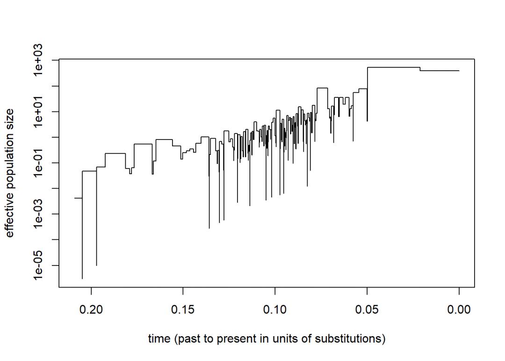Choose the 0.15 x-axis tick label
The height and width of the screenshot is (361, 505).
coord(183,310)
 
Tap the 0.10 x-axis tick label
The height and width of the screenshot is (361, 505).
coord(275,310)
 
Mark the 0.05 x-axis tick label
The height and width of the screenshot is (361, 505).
coord(367,310)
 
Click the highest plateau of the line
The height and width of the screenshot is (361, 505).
coord(393,67)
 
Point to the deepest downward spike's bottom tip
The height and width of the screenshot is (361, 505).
coord(82,279)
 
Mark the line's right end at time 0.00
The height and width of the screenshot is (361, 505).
coord(459,71)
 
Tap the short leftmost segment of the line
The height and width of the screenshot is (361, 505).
coord(78,198)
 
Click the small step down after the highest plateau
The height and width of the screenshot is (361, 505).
coord(420,69)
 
